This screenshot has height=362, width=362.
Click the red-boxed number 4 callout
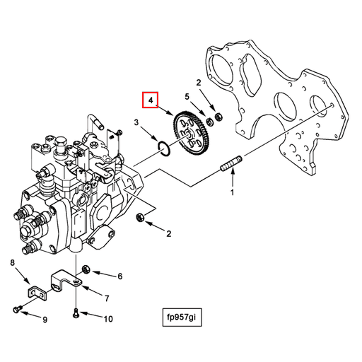[151, 101]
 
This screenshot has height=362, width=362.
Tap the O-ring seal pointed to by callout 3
[163, 148]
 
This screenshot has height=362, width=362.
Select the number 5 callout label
[187, 97]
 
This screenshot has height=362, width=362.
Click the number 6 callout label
[119, 276]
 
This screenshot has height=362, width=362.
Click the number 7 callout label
[107, 298]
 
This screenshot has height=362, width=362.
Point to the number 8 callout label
[12, 264]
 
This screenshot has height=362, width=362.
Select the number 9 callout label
[45, 320]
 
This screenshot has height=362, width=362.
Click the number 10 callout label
[107, 319]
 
